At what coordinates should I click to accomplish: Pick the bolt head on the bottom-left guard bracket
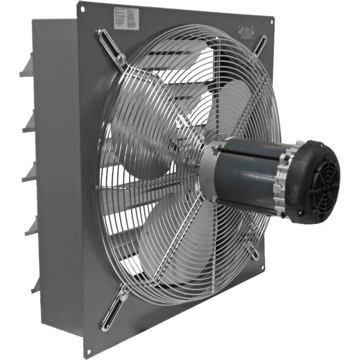[x=122, y=296]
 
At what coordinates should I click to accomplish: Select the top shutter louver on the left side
[x=27, y=66]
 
